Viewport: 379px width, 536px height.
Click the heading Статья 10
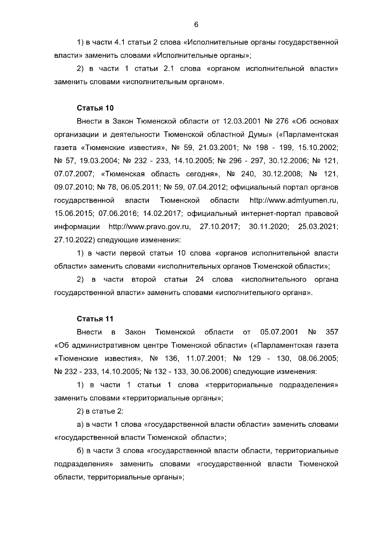95,108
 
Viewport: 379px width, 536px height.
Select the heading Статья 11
95,319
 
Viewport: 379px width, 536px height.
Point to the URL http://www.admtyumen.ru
294,201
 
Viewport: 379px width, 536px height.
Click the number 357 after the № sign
332,332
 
